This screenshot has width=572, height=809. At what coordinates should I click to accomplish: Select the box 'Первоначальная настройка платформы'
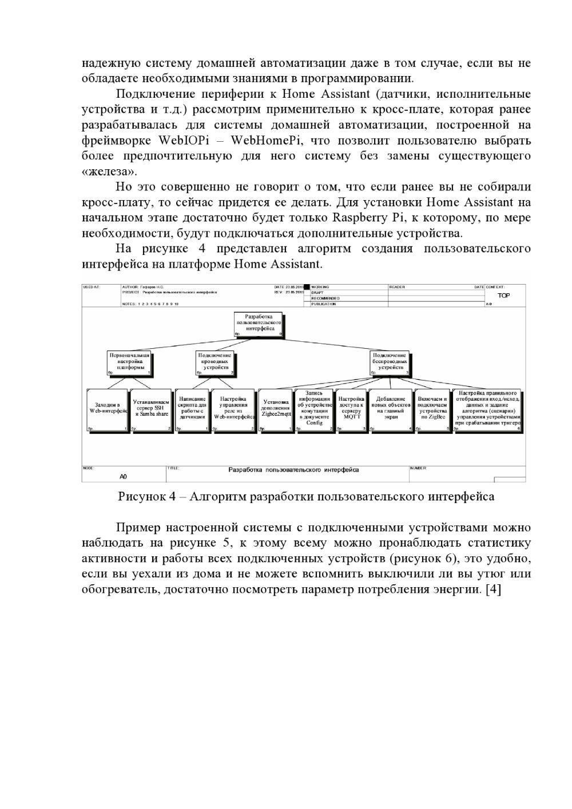tap(130, 362)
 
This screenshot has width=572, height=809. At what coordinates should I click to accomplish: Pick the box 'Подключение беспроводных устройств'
tap(390, 362)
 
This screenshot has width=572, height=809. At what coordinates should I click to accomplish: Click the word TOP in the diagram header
tap(503, 296)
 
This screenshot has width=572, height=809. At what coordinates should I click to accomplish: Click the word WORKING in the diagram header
tap(320, 287)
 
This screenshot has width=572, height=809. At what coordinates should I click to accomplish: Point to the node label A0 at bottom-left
tap(123, 476)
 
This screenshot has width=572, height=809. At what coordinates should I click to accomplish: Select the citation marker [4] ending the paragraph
tap(492, 589)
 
